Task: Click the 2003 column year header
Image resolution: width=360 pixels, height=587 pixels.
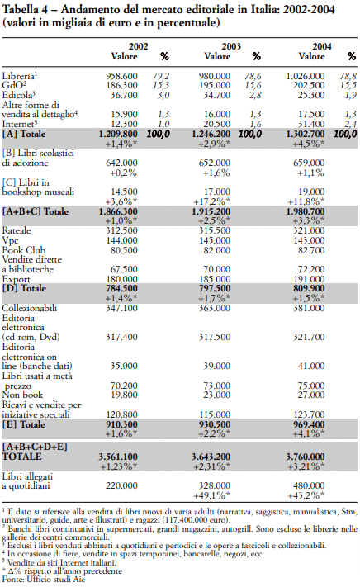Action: coord(231,46)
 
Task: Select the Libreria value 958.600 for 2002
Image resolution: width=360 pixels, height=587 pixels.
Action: coord(121,77)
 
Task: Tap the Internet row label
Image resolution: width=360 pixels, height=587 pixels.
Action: coord(18,124)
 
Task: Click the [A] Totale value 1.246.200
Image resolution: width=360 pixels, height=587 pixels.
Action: coord(211,134)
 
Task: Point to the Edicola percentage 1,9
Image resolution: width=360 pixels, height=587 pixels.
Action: coord(351,95)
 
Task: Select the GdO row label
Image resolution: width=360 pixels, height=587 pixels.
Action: coord(14,85)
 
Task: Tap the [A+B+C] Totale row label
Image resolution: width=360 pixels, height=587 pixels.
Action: coord(36,211)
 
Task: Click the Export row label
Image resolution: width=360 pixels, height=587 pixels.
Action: coord(16,279)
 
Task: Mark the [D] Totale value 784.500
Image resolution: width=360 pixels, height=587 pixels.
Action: coord(121,289)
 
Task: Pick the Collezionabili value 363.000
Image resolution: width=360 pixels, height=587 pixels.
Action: coord(215,308)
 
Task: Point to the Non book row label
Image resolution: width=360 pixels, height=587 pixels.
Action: coord(22,395)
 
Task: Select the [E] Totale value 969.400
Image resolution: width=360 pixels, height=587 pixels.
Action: coord(309,424)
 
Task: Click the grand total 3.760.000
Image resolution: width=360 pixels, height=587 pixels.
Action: coord(306,457)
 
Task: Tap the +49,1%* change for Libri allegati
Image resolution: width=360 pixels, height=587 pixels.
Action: coord(212,495)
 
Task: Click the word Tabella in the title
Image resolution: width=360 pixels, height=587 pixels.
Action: coord(20,9)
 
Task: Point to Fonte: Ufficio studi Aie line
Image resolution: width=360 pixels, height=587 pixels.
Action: coord(44,580)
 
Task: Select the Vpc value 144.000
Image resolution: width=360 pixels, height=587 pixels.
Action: coord(121,241)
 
